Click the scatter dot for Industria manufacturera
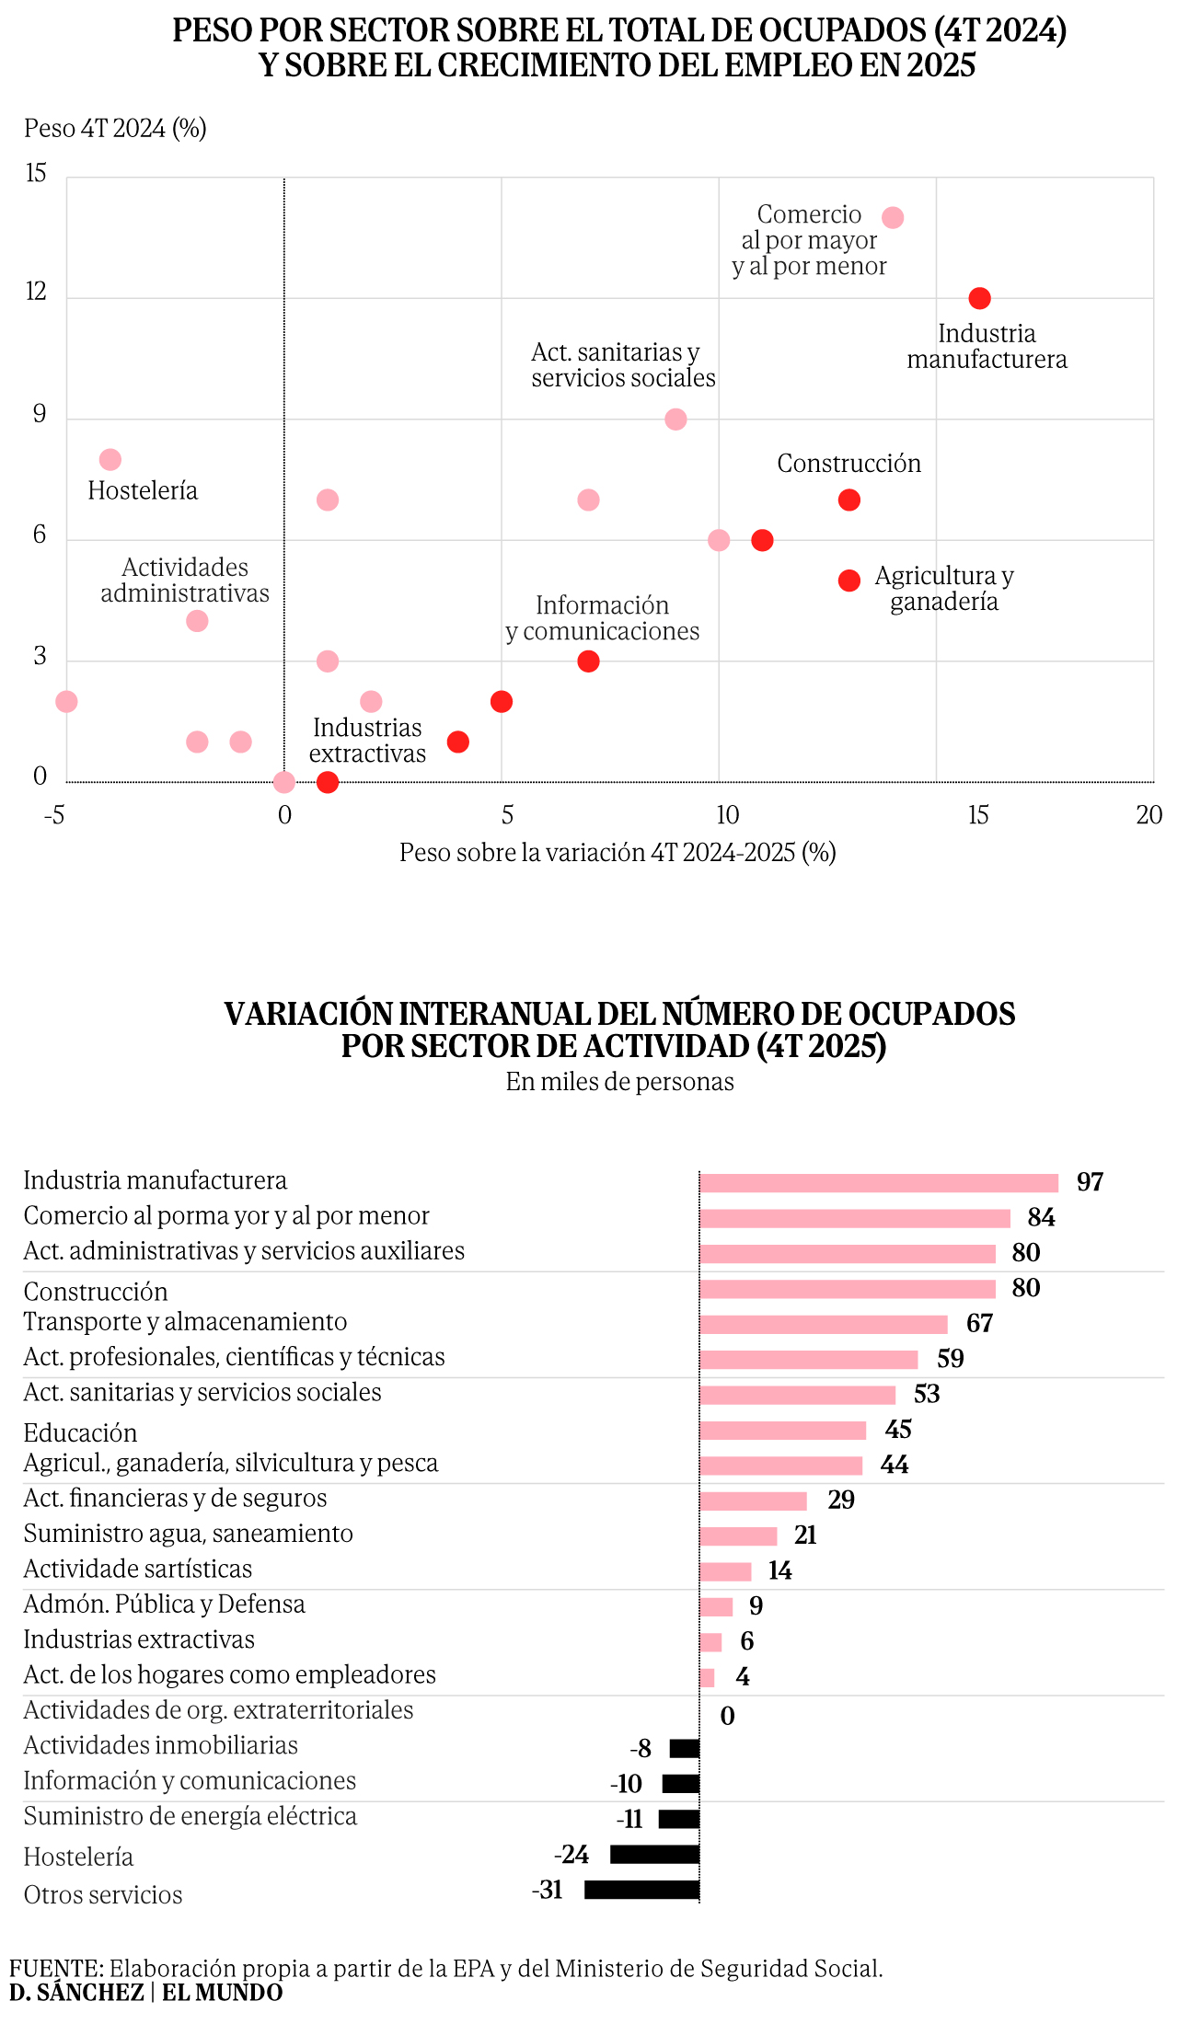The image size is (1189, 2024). click(x=979, y=298)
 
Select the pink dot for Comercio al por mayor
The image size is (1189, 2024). click(x=892, y=218)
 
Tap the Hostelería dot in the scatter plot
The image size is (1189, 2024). click(x=110, y=459)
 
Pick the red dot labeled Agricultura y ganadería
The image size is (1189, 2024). click(x=848, y=581)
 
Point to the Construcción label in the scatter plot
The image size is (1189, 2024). click(x=848, y=464)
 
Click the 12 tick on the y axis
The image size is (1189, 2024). click(x=36, y=293)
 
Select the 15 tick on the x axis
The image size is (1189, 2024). click(x=977, y=815)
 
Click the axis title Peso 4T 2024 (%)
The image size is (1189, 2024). click(x=115, y=128)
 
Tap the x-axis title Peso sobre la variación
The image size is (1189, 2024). click(x=618, y=853)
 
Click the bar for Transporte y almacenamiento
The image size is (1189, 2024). click(x=823, y=1324)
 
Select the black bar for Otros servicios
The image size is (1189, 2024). click(x=641, y=1890)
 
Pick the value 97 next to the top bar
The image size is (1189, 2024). click(x=1090, y=1182)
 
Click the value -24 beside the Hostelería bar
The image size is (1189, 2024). click(x=571, y=1854)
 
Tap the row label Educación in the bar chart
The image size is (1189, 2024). click(x=80, y=1432)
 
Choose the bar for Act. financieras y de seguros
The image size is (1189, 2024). click(x=753, y=1501)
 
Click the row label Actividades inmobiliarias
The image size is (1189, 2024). click(x=160, y=1745)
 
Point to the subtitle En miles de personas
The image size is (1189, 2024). click(x=619, y=1082)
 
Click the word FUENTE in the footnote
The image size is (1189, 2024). click(x=56, y=1968)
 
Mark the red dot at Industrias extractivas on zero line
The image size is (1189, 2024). click(x=327, y=782)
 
